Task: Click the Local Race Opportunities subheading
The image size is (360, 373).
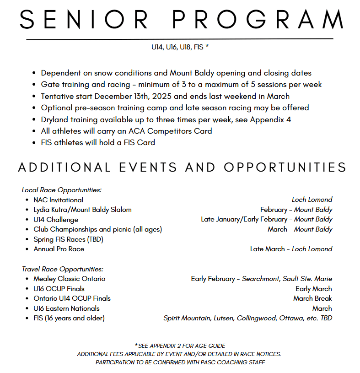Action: click(62, 189)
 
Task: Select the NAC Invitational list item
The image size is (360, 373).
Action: click(58, 200)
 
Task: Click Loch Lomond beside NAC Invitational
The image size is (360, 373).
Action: click(312, 200)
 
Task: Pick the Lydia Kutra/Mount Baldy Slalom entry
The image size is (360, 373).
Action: click(82, 210)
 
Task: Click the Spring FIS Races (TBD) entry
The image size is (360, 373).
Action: click(68, 239)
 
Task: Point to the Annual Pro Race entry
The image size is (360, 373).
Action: click(59, 249)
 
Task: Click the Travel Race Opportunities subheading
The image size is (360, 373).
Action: click(63, 269)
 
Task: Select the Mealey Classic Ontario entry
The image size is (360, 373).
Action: click(69, 279)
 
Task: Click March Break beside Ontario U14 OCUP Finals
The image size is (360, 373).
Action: click(312, 298)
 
